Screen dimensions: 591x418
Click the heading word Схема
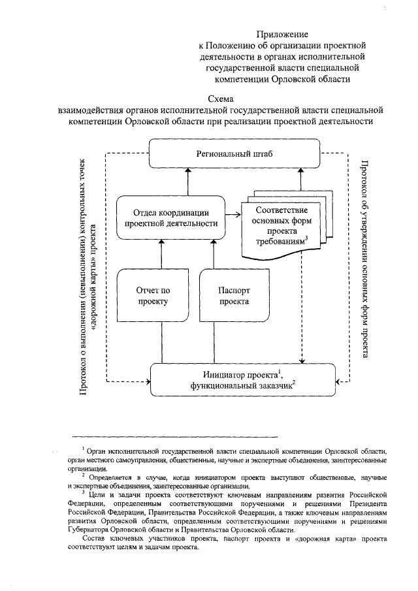point(216,99)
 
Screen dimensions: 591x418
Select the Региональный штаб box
point(235,153)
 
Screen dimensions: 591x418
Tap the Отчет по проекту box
point(153,296)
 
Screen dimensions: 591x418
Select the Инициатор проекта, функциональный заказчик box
point(242,379)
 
